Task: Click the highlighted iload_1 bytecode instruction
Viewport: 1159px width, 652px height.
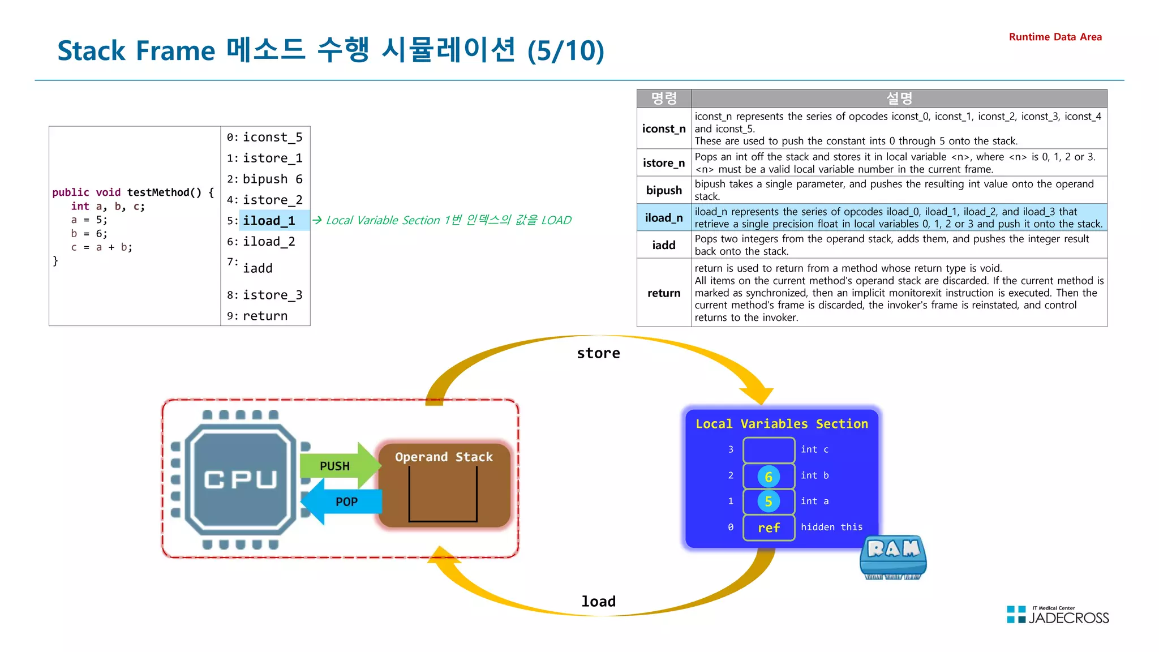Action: (269, 221)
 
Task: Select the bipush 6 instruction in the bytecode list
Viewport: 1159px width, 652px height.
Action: (272, 179)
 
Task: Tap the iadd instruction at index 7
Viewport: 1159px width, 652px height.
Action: (257, 268)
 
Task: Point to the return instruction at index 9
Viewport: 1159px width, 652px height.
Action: (265, 316)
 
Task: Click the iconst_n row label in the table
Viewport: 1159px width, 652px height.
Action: (663, 129)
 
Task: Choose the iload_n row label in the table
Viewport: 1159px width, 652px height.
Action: (663, 218)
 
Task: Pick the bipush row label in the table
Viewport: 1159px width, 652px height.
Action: (663, 190)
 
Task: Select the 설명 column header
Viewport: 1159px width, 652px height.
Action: (899, 98)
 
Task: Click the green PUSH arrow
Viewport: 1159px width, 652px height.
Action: (338, 466)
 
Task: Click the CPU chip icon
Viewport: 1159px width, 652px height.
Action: (241, 479)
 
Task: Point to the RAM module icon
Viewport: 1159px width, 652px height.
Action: (893, 557)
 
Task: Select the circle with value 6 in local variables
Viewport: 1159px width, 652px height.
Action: (768, 477)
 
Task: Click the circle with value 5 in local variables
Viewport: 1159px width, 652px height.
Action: (768, 501)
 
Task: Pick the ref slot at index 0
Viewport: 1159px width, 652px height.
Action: (769, 527)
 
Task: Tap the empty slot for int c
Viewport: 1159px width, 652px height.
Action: (769, 450)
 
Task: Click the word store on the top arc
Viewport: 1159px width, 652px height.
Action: (598, 353)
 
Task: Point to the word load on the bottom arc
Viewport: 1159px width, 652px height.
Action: (598, 601)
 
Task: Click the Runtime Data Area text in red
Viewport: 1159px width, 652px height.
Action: (1055, 37)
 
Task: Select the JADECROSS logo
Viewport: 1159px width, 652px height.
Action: (1058, 615)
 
